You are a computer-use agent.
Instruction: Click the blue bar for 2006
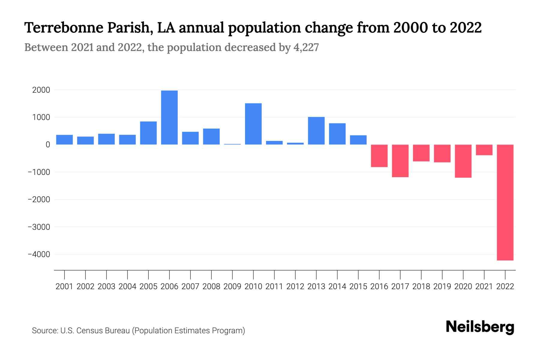pos(169,118)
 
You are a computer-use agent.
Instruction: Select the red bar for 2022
pos(505,202)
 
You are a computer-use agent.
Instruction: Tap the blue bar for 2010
pos(253,124)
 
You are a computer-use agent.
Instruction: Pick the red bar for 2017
pos(400,161)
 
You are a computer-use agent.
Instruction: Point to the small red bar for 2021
pos(484,150)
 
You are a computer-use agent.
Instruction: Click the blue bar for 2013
pos(316,131)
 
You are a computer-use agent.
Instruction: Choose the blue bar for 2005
pos(148,133)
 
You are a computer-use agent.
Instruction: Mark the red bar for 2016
pos(379,156)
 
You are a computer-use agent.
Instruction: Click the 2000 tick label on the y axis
pos(41,90)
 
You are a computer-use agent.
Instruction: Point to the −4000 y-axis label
pos(39,254)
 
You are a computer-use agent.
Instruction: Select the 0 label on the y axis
pos(48,145)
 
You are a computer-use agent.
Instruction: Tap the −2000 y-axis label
pos(39,199)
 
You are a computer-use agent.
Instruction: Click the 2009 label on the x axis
pos(232,286)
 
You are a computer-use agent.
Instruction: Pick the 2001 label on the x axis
pos(64,286)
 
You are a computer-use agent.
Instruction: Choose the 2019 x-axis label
pos(442,286)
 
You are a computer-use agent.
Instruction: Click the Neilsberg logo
pos(480,327)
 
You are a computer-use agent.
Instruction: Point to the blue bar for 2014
pos(337,134)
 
